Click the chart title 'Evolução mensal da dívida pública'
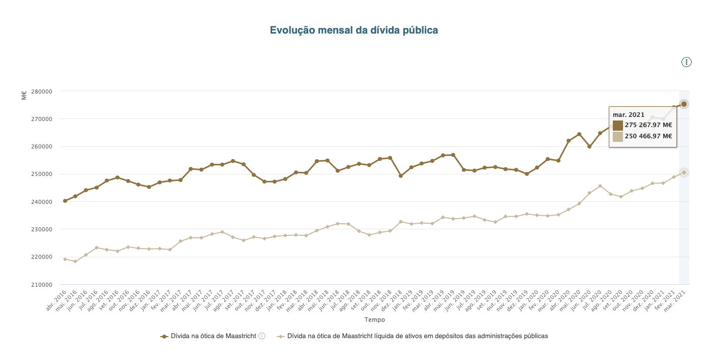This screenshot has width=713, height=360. (x=353, y=31)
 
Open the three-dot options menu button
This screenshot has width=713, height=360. (x=687, y=62)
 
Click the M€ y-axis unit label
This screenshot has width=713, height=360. (x=24, y=95)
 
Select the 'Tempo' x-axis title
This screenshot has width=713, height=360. (x=374, y=320)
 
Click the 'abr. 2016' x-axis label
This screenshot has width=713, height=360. (x=57, y=301)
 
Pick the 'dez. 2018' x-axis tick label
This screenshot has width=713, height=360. (x=392, y=301)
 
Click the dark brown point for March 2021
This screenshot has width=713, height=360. (x=684, y=104)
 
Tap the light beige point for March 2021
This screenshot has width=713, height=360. (x=684, y=172)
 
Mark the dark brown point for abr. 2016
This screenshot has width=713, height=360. (x=65, y=201)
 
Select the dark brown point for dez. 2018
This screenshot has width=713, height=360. (x=401, y=176)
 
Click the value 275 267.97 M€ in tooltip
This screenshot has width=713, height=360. (x=648, y=125)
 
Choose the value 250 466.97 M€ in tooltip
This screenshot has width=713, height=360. (x=648, y=136)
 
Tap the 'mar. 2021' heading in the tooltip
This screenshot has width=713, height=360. (x=629, y=114)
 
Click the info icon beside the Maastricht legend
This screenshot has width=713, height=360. (x=262, y=336)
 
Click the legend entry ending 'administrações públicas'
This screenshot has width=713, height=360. (x=417, y=336)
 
